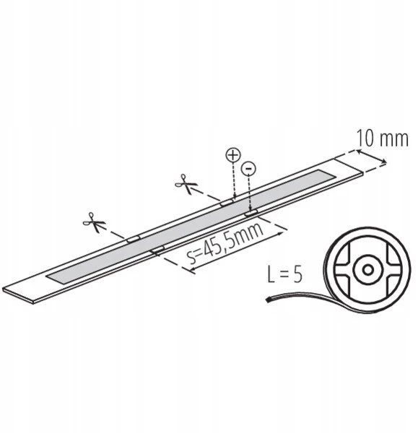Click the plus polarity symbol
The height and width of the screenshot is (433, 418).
click(233, 155)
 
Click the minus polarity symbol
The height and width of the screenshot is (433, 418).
click(248, 168)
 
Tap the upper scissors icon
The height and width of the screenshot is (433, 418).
click(186, 183)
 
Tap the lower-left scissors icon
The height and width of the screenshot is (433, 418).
click(94, 222)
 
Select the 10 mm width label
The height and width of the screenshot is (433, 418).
click(383, 139)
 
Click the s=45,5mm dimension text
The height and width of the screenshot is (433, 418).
click(225, 241)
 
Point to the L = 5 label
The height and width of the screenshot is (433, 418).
click(285, 274)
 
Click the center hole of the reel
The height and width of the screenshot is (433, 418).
click(367, 269)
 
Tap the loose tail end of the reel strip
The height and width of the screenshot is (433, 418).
click(267, 299)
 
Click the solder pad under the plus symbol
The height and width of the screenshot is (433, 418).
click(227, 202)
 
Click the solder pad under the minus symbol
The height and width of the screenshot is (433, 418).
click(251, 213)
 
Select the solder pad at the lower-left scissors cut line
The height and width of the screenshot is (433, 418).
click(134, 239)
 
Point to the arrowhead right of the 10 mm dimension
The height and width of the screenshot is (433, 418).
click(384, 162)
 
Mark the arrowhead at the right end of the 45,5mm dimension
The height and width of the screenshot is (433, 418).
click(281, 234)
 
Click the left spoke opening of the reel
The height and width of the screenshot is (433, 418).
click(343, 269)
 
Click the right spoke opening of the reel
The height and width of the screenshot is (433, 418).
click(392, 269)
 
